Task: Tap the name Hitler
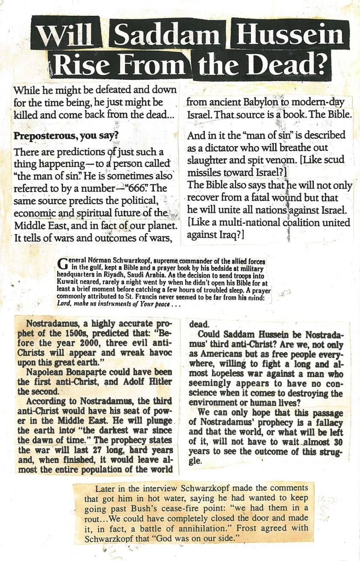coord(161,381)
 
